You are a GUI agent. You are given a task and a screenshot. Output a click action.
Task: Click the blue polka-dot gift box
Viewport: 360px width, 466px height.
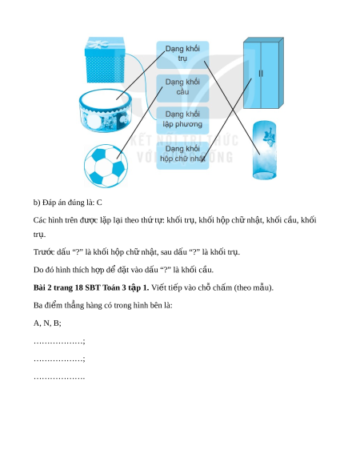click(105, 60)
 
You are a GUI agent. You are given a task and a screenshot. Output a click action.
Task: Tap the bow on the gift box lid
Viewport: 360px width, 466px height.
click(97, 44)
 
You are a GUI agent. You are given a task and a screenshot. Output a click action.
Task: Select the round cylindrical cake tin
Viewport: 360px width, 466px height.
click(106, 110)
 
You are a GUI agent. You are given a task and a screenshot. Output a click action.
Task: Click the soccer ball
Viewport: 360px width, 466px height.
click(106, 166)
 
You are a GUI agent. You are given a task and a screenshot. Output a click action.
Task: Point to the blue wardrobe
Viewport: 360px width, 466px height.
click(263, 73)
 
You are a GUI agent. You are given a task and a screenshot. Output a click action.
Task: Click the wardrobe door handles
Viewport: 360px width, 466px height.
click(261, 74)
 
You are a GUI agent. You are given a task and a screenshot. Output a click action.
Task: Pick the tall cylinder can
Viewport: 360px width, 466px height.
click(264, 150)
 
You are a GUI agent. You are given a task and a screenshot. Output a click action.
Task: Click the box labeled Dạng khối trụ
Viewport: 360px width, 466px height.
click(182, 54)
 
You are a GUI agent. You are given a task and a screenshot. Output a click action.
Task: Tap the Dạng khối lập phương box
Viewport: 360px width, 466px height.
click(182, 120)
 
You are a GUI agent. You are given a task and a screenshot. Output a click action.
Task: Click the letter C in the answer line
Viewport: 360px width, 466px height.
click(99, 203)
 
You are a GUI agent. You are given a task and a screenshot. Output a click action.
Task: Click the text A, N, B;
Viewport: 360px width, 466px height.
click(47, 323)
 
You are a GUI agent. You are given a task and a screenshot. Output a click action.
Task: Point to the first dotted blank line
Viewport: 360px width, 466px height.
click(59, 342)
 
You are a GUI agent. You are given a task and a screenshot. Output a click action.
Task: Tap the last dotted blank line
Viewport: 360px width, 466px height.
click(59, 378)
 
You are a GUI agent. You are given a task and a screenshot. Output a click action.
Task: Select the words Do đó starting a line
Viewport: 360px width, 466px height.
click(44, 270)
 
